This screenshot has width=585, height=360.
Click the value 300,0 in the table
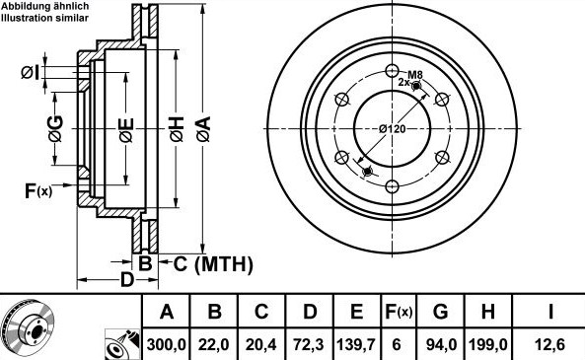[166, 344]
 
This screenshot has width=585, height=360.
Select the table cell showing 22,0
[214, 344]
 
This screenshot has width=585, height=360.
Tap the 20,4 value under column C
[261, 344]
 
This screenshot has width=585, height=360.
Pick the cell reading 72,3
[309, 344]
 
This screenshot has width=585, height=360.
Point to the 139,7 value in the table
[357, 344]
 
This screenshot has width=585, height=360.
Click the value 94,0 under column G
[441, 344]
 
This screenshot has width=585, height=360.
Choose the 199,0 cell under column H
[488, 344]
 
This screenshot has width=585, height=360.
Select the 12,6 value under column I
[549, 344]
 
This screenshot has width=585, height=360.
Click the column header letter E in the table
[357, 311]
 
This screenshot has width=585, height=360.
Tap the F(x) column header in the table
[399, 311]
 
